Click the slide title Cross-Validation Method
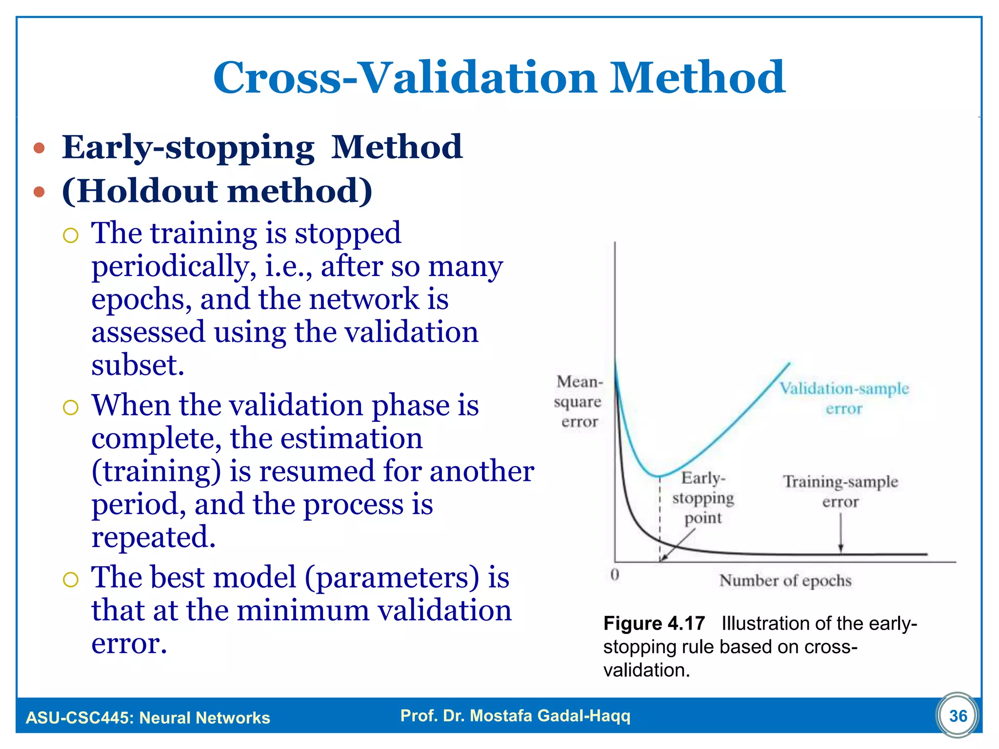[499, 78]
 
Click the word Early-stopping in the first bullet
[188, 147]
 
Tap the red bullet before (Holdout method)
[40, 192]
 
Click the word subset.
[138, 365]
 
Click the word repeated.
[153, 537]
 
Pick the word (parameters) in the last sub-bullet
[392, 578]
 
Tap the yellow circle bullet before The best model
[71, 579]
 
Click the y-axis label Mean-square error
[579, 401]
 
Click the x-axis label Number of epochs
[785, 580]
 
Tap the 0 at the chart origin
[615, 574]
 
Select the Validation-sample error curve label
[844, 398]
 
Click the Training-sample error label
[840, 491]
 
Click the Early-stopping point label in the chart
[702, 497]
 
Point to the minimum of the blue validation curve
[659, 476]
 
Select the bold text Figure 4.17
[654, 623]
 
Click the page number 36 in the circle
[958, 716]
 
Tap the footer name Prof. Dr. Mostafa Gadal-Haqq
[515, 715]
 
